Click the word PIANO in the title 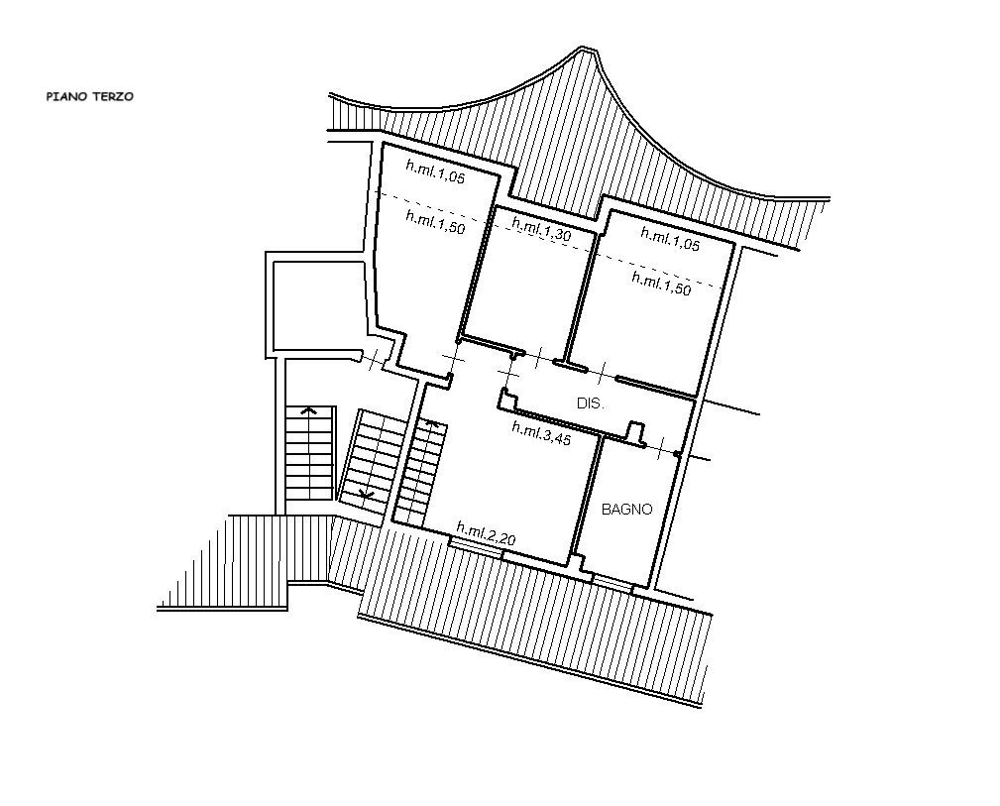click(64, 97)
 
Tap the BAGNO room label click(627, 510)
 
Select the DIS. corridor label click(591, 403)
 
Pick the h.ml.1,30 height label click(541, 231)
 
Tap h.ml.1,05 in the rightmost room click(670, 238)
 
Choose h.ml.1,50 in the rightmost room click(661, 284)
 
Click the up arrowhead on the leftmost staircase click(309, 409)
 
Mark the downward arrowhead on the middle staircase click(366, 493)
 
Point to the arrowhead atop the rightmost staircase click(431, 423)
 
